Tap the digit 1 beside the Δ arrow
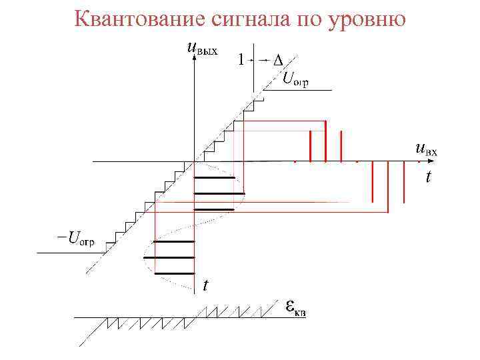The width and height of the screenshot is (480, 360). pos(241,60)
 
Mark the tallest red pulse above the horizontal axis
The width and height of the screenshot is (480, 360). pos(325,141)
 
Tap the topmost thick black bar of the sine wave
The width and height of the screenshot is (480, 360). pos(214,178)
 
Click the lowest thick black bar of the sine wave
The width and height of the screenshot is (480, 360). pos(173,273)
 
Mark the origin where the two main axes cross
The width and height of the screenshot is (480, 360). pos(194,161)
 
